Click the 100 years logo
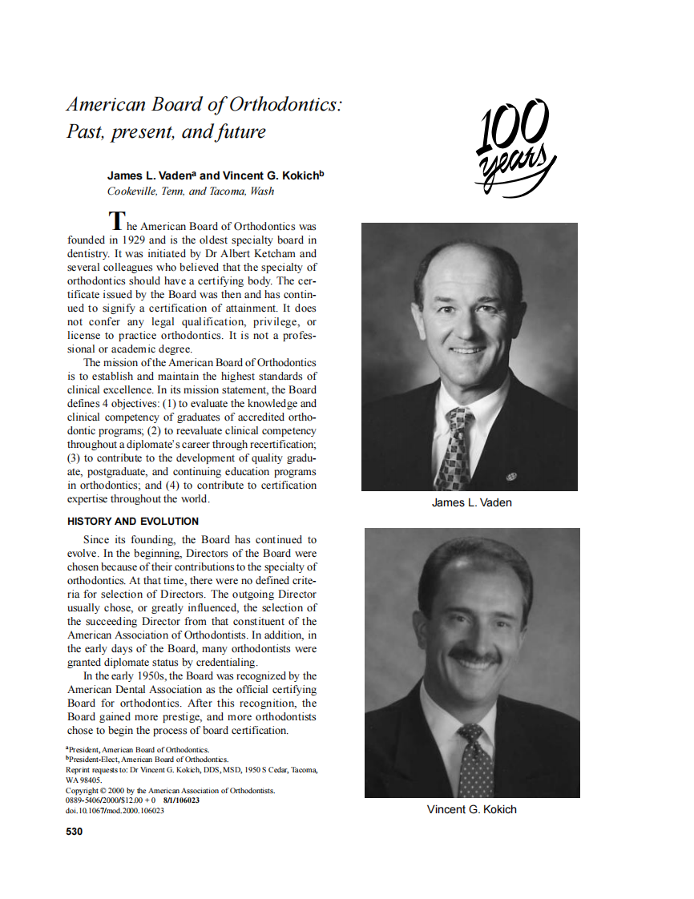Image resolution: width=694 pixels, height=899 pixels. point(514,148)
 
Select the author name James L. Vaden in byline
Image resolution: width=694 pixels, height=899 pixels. point(151,175)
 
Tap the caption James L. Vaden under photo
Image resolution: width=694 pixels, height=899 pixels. point(471,502)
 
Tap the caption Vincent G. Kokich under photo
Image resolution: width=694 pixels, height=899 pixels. point(471,809)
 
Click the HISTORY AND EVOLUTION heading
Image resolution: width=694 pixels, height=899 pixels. point(133,522)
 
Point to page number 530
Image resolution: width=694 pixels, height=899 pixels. point(74,832)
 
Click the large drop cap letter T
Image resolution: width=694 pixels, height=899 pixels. point(117,220)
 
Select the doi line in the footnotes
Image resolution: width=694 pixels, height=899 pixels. point(115,811)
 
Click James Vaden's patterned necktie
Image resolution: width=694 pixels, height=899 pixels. point(456,445)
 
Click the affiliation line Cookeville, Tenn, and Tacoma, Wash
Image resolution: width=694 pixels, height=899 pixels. point(191,191)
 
